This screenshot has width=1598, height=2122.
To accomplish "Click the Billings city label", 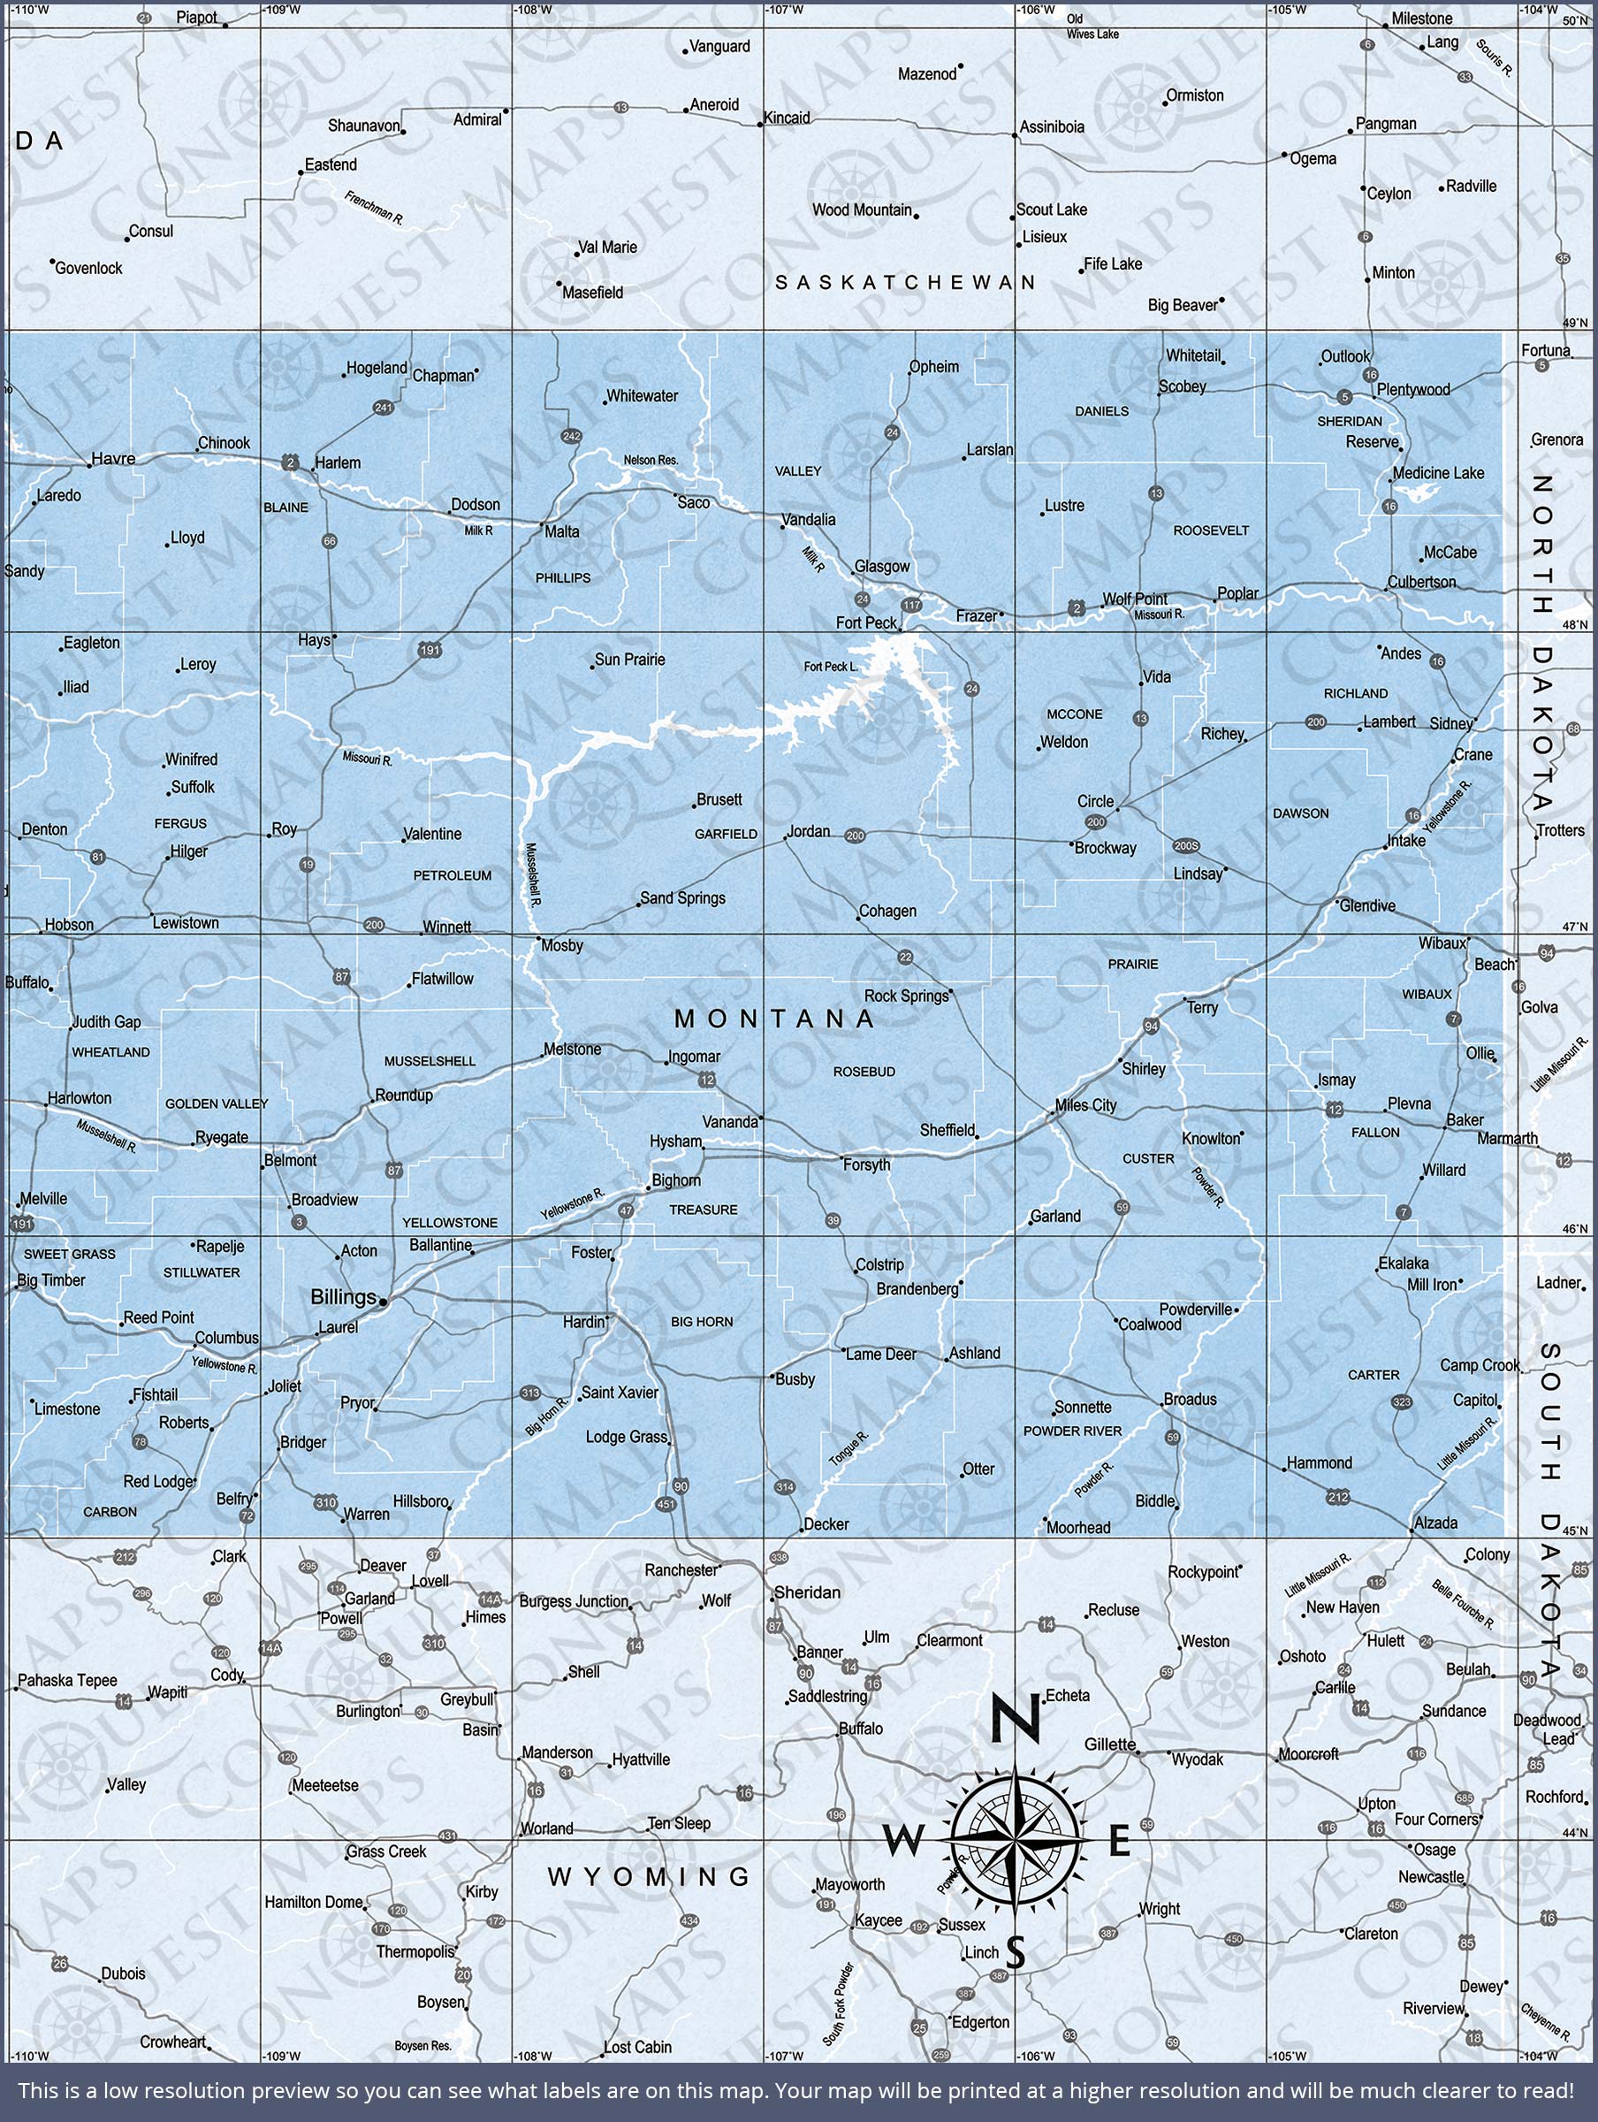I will (342, 1297).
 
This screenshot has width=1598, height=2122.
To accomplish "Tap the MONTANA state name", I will (774, 1019).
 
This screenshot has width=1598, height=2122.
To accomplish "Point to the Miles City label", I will (1085, 1105).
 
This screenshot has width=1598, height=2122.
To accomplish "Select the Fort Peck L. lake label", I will (831, 667).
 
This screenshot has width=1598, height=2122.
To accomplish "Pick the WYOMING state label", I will (649, 1876).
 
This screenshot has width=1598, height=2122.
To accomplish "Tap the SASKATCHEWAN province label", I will (905, 282).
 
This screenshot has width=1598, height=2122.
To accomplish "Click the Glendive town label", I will (1368, 905).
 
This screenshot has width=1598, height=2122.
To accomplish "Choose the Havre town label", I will (113, 459).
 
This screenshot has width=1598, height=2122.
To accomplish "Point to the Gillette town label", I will (1110, 1744).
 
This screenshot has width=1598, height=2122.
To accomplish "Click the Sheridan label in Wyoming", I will (807, 1592).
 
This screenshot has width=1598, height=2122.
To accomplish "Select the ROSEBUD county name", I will (864, 1072).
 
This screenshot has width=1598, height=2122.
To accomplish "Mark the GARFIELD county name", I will (727, 834).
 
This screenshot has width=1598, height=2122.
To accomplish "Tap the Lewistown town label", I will (186, 923).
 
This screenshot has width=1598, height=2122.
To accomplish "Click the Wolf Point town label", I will (1135, 599).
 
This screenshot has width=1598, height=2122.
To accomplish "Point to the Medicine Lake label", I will (1438, 473).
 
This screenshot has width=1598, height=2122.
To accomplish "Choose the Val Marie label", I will (608, 248).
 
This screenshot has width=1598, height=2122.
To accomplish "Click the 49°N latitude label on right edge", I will (1576, 324).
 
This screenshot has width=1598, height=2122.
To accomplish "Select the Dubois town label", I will (123, 1973).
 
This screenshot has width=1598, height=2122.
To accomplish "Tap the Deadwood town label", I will (1546, 1720).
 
